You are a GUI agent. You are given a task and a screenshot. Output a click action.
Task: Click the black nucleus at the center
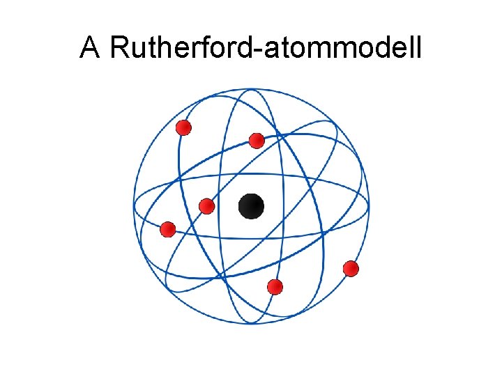(251, 206)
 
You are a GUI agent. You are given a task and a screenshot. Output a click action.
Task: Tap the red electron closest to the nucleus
(206, 206)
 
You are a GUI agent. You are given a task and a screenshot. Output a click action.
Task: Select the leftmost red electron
(167, 229)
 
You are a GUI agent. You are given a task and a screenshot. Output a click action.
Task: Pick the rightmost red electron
(351, 268)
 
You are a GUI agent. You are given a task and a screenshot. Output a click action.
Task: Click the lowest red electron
(275, 286)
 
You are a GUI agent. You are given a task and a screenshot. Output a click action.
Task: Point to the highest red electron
(183, 127)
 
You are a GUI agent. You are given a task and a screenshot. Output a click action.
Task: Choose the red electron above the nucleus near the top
(257, 141)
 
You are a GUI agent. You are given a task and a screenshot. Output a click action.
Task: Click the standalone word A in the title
(90, 48)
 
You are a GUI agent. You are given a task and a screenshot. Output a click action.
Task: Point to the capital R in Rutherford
(119, 48)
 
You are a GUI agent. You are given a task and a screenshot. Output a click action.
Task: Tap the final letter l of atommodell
(419, 48)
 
